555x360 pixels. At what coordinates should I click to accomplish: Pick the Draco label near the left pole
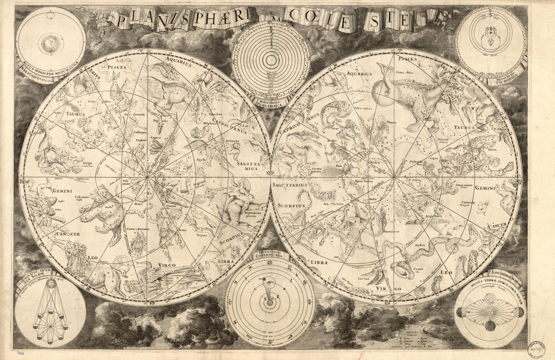tap(139, 203)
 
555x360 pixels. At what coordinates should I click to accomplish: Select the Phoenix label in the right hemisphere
tap(388, 122)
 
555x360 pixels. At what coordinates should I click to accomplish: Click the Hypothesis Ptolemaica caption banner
tap(271, 101)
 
